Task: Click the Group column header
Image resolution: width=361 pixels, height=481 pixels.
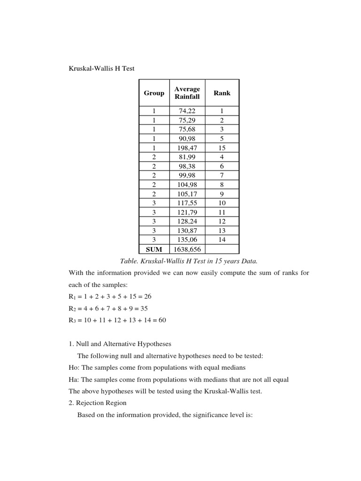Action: tap(154, 93)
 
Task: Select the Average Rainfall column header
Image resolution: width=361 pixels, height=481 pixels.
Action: tap(187, 93)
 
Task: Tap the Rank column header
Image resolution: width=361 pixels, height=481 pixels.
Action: tap(222, 93)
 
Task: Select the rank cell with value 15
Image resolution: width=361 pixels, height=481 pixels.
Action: tap(222, 147)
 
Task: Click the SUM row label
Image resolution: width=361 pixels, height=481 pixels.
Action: tap(154, 249)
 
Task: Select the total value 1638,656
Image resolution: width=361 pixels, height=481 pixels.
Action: tap(187, 249)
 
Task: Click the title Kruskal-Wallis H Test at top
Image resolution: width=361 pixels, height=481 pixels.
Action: tap(102, 69)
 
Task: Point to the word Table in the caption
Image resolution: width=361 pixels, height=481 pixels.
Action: tap(130, 261)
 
